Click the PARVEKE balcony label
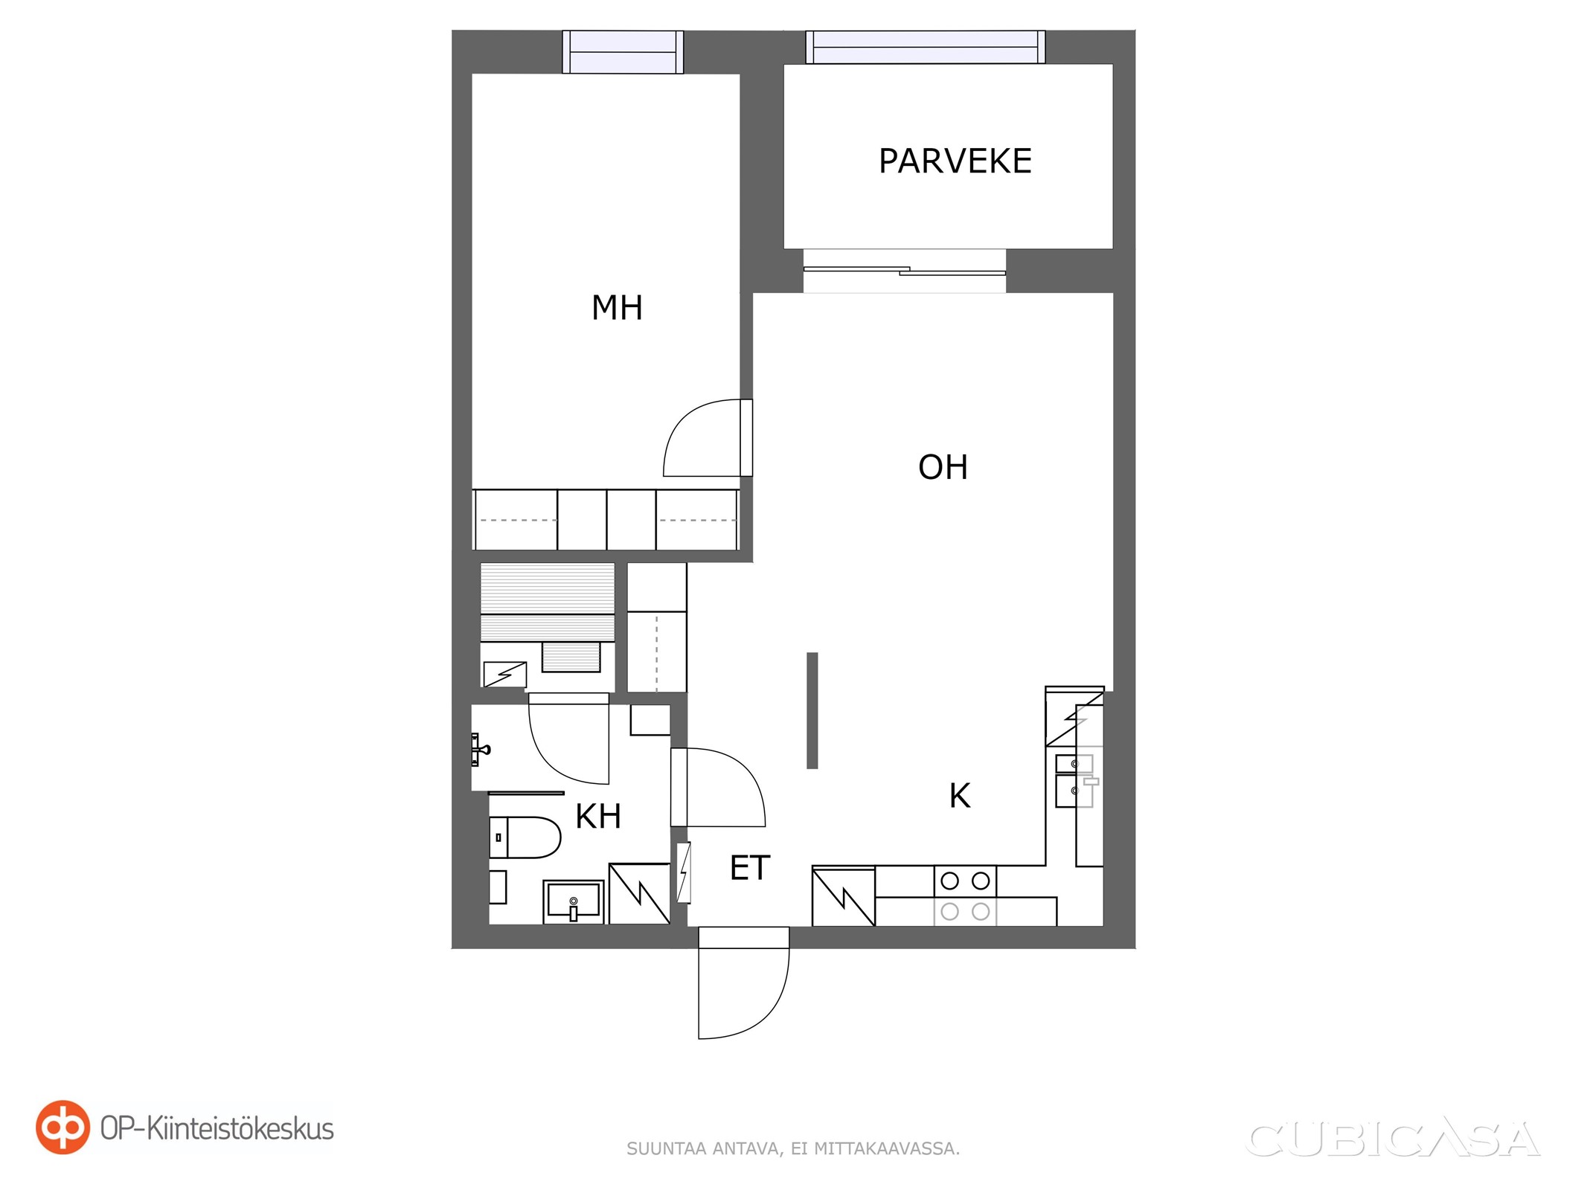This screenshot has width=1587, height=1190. pos(955,161)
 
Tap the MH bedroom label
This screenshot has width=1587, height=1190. pos(617,308)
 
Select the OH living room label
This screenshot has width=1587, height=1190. pos(943,467)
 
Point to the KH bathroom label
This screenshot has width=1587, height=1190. pos(598,817)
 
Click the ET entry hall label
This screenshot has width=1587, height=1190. pos(750,868)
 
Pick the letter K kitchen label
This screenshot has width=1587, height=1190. pos(960,796)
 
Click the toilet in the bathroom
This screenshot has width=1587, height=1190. pos(525,837)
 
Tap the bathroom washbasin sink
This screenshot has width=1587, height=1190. pos(573,902)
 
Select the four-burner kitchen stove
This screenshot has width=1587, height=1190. pos(965,896)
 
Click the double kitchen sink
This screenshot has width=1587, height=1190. pos(1074,781)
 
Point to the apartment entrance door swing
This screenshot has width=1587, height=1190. pos(743,983)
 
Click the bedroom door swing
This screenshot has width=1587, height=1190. pos(708,438)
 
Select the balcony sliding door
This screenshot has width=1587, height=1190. pos(905,271)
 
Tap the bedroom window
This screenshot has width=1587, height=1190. pos(623,52)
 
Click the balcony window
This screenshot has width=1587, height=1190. pos(926,47)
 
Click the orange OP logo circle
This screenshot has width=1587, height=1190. pos(63,1128)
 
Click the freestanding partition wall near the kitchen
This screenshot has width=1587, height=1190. pos(812,710)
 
